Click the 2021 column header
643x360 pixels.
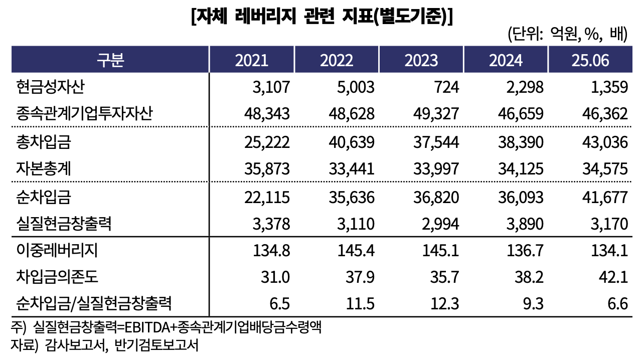[x=252, y=60]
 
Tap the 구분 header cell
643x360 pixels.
[x=110, y=60]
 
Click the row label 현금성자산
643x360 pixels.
[x=50, y=87]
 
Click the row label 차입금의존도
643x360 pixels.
[x=57, y=277]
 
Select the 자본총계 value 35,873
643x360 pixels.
[x=268, y=169]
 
